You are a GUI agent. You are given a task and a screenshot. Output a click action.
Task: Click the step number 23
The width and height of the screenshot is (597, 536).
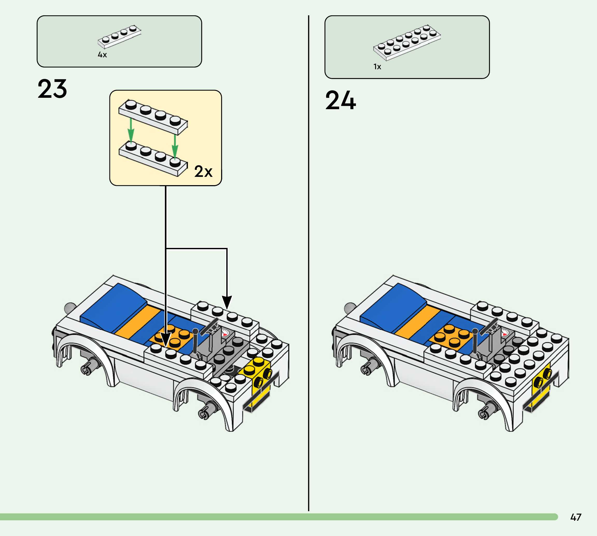[x=52, y=89]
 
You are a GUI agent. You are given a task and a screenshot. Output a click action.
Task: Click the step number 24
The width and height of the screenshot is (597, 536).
[x=341, y=100]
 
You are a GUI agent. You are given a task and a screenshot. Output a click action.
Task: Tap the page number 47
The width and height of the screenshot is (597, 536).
[x=575, y=517]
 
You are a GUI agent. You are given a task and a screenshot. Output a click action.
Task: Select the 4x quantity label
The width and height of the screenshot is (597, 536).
[x=102, y=55]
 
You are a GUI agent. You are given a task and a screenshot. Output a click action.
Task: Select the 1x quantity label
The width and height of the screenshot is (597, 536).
[x=377, y=67]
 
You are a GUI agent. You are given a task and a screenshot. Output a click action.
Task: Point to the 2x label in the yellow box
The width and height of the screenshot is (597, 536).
[x=203, y=171]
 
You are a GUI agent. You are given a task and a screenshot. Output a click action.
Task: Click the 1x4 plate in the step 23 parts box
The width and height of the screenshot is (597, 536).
[x=119, y=37]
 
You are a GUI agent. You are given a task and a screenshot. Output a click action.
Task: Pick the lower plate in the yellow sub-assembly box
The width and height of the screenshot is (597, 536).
[x=153, y=159]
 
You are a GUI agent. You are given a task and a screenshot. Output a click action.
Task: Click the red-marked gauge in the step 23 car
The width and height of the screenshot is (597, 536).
[x=225, y=333]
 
